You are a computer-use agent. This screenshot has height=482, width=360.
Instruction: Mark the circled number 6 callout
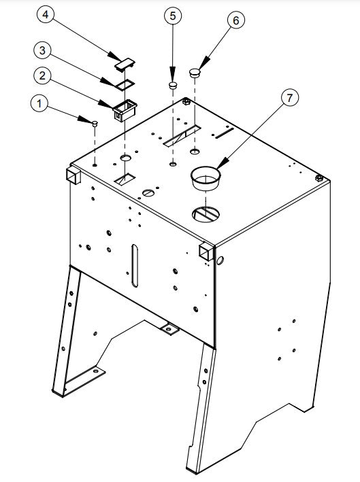pyautogui.click(x=235, y=20)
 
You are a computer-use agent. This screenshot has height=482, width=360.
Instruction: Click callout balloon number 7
pyautogui.click(x=289, y=99)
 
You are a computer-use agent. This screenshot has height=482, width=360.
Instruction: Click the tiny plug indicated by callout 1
pyautogui.click(x=95, y=123)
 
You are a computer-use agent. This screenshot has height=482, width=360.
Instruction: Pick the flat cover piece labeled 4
pyautogui.click(x=125, y=64)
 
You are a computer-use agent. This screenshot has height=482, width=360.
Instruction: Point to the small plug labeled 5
pyautogui.click(x=174, y=86)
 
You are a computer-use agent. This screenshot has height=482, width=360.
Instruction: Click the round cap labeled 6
pyautogui.click(x=195, y=71)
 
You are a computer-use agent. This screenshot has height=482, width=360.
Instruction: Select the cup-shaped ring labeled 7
pyautogui.click(x=205, y=180)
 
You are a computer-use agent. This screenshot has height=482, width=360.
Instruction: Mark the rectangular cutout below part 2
pyautogui.click(x=125, y=179)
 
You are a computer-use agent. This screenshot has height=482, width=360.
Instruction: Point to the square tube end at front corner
pyautogui.click(x=206, y=252)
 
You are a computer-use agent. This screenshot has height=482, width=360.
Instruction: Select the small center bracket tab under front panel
pyautogui.click(x=168, y=330)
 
